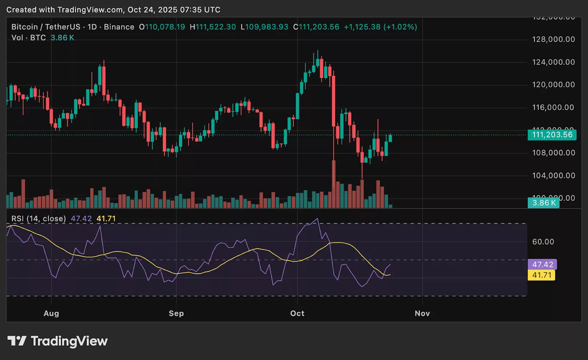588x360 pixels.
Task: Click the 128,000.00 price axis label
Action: tap(553, 39)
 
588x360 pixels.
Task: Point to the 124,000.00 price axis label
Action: tap(553, 62)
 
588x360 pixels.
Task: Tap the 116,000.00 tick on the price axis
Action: tap(553, 107)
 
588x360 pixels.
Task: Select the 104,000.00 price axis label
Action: tap(553, 175)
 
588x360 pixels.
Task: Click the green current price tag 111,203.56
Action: tap(552, 135)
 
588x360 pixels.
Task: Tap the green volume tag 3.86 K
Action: tap(544, 203)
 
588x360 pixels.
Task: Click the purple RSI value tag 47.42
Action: tap(542, 264)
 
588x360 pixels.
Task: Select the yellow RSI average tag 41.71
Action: tap(542, 275)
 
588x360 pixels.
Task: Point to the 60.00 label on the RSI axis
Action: tap(543, 242)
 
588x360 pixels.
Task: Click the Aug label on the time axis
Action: tap(51, 313)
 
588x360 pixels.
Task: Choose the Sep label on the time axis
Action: tap(176, 313)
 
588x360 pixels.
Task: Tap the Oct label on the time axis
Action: tap(297, 313)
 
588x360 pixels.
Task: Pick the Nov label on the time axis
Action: tap(422, 313)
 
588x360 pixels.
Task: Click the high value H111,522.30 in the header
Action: tap(213, 27)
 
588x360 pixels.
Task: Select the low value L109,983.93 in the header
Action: tap(265, 27)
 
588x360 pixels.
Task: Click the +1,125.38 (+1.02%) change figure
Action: tap(380, 27)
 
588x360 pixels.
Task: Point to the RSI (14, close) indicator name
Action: tap(39, 219)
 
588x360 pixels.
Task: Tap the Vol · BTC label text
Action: tap(29, 38)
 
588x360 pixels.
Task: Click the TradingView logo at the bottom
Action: tap(58, 341)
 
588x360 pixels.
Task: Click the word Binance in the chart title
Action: tap(119, 27)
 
